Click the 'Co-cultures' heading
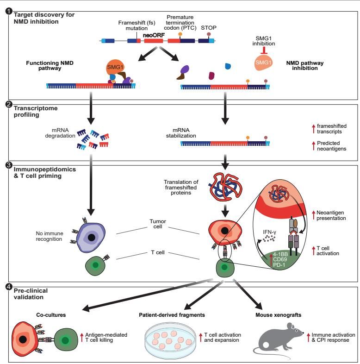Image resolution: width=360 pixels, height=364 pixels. point(51,315)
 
